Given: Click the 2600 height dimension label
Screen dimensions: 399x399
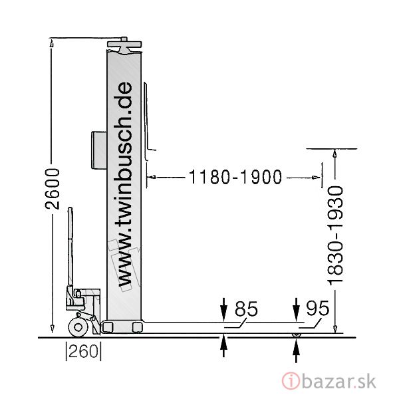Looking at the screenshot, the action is click(53, 189).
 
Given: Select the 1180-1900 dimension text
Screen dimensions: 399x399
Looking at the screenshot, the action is click(235, 177).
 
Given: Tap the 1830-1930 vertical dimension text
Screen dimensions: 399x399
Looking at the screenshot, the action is click(335, 235).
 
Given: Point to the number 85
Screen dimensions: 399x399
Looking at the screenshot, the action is click(246, 309).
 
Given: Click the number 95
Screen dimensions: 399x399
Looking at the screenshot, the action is click(318, 308).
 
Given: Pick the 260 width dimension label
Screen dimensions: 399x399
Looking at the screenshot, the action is click(84, 351).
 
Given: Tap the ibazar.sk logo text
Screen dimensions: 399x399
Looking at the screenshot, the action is click(339, 381).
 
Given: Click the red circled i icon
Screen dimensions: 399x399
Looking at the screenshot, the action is click(291, 381).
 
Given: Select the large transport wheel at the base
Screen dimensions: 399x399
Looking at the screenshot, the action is click(78, 327).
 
